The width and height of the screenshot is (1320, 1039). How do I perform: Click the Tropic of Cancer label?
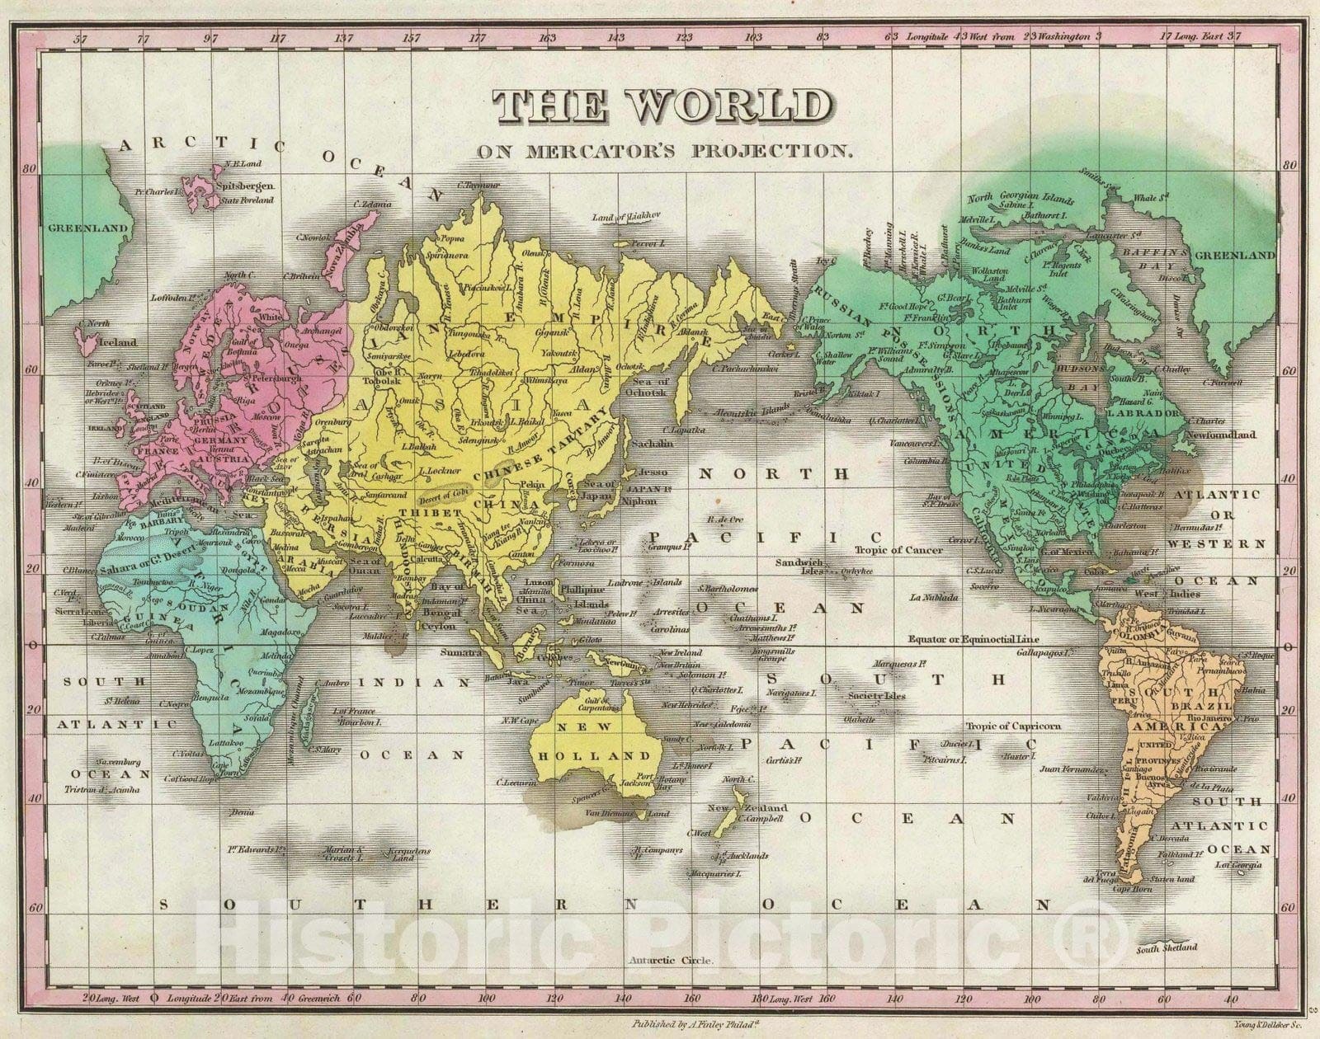(893, 550)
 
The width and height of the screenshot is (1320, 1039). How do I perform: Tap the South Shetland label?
(1166, 947)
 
